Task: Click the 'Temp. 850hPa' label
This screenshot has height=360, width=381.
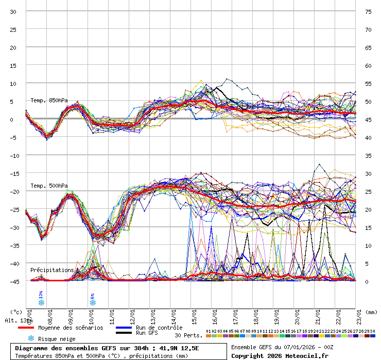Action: coord(49,100)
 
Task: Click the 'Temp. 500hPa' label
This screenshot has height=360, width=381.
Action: coord(49,186)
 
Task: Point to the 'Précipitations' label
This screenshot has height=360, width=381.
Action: coord(52,270)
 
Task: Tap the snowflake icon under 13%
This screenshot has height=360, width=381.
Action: coord(41,302)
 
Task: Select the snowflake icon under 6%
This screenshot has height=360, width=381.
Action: coord(93,302)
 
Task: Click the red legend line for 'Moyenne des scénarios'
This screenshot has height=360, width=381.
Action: coord(26,328)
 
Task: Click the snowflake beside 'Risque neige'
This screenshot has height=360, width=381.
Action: coord(31,338)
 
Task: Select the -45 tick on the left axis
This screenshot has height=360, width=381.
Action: coord(14,281)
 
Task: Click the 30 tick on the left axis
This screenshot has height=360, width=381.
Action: coord(14,11)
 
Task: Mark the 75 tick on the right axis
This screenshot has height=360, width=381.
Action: coord(368,11)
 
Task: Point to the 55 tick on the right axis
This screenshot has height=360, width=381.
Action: coord(368,83)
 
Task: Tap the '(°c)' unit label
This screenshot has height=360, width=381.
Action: coord(16,312)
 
